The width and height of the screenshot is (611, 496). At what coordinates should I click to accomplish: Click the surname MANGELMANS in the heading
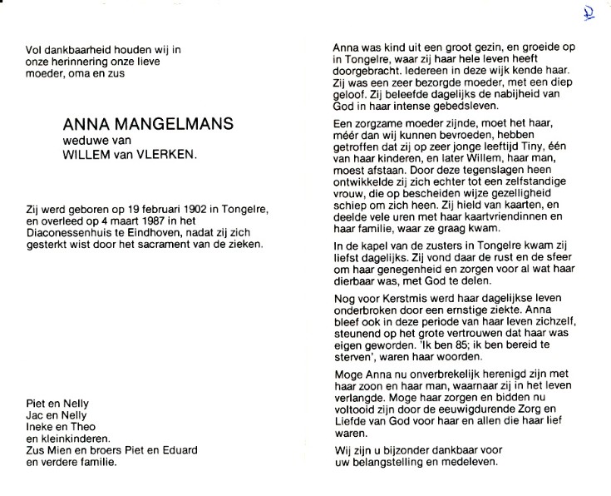[179, 125]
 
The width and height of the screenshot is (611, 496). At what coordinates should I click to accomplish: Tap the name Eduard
[177, 451]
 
